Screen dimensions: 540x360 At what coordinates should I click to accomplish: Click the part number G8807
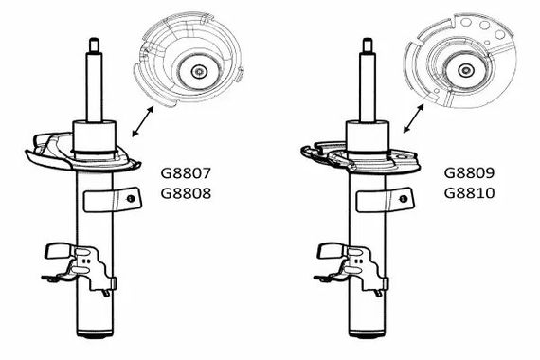click(186, 173)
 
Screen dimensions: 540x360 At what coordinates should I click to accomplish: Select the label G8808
click(186, 193)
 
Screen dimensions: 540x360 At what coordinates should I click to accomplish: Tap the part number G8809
click(469, 173)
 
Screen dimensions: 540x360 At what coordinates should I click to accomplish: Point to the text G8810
click(469, 193)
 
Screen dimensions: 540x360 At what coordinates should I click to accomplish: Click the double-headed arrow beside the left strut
click(142, 121)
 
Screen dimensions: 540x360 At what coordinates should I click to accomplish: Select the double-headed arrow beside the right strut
click(414, 118)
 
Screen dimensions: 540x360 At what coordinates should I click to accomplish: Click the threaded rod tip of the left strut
click(95, 45)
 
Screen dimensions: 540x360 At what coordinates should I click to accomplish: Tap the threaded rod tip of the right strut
click(368, 45)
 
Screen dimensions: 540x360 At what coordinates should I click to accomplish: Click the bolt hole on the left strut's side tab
click(131, 198)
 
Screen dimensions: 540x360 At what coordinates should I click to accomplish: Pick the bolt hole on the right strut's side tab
click(404, 199)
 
